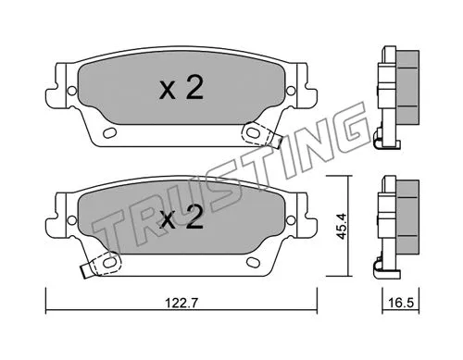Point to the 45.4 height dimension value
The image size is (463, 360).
[x=343, y=226]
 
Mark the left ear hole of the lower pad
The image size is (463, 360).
[x=67, y=218]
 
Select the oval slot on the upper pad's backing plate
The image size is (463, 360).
[x=110, y=134]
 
